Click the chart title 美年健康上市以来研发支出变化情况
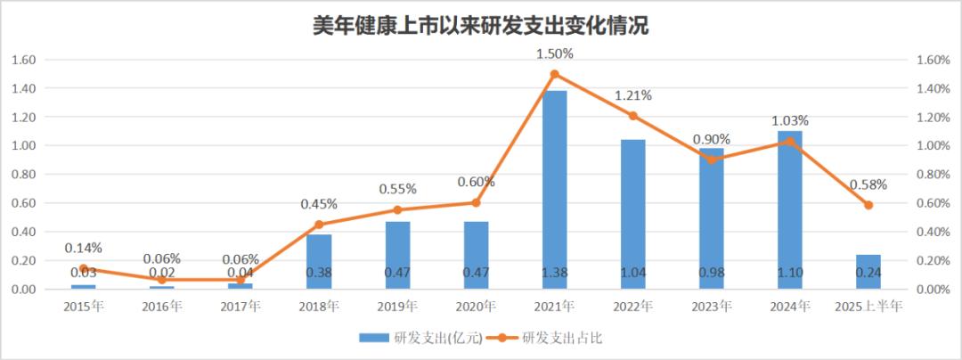480,25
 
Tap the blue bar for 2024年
789,209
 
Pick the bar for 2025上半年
868,272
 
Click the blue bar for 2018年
319,262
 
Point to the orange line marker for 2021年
554,74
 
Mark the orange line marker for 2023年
711,160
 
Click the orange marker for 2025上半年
868,206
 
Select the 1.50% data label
554,53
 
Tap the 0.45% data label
319,204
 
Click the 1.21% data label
632,95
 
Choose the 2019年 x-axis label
397,307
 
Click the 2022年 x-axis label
632,307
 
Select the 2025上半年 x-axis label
868,307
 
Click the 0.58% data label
868,185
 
